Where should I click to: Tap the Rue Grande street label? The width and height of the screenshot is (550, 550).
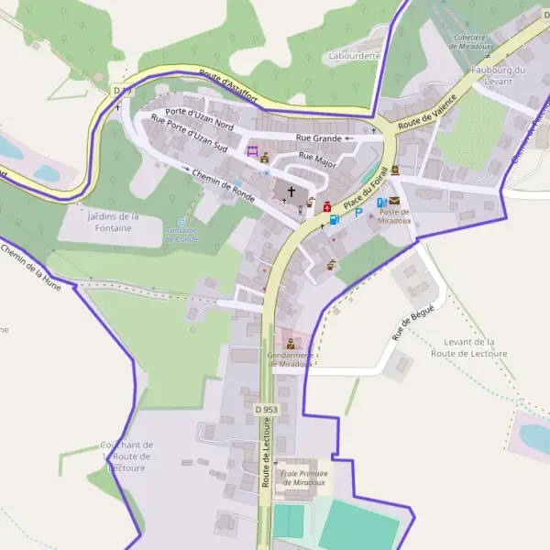coord(317,138)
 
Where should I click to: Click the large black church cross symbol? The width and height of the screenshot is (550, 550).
coord(291,192)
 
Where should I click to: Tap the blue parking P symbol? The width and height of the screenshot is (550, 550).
coord(358,213)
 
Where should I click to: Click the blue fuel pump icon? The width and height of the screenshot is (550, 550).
coord(334,219)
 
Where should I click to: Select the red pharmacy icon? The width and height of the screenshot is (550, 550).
coord(325,208)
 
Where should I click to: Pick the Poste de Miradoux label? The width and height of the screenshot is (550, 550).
coord(393,216)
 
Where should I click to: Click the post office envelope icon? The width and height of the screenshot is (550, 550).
coord(395,201)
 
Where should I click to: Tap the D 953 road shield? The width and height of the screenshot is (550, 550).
coord(266,409)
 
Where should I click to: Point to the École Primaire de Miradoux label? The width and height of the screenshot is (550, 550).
coord(302,478)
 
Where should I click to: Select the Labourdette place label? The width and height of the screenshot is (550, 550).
coord(355,56)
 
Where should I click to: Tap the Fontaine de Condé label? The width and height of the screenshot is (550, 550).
coord(181,234)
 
